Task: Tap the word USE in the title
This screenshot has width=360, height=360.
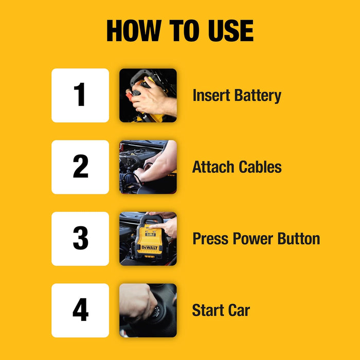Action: [x=228, y=31]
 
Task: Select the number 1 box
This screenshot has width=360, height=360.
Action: [x=80, y=96]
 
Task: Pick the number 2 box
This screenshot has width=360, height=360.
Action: [x=80, y=167]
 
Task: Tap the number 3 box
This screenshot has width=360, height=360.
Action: [x=80, y=239]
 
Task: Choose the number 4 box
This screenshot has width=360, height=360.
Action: [x=80, y=310]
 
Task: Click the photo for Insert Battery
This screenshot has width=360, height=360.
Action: [x=148, y=96]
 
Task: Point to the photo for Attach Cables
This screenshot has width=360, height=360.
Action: [x=148, y=167]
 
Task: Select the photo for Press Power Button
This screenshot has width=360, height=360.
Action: [x=148, y=239]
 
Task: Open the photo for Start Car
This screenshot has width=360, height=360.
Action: [x=148, y=310]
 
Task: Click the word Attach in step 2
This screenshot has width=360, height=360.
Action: [x=212, y=167]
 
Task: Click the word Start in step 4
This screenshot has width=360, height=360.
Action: [x=207, y=310]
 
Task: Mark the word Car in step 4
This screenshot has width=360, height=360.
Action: [x=238, y=310]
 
